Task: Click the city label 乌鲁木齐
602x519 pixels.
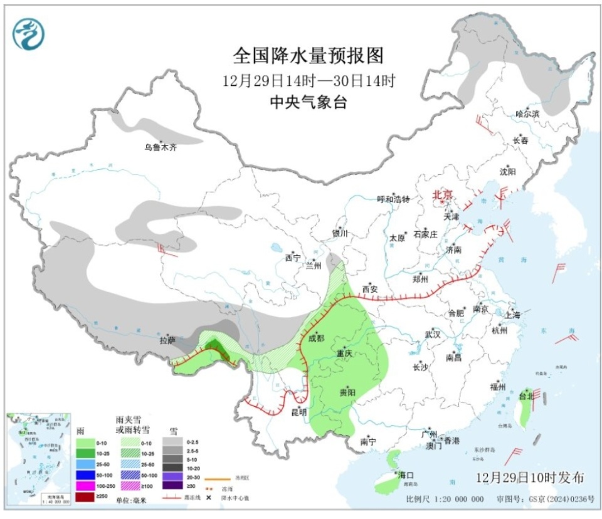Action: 161,148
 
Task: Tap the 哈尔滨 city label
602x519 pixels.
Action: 527,113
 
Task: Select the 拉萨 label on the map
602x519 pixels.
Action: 167,341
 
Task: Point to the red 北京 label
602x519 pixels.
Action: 442,195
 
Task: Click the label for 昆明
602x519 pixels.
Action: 298,412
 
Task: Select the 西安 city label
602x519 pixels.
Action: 369,289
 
